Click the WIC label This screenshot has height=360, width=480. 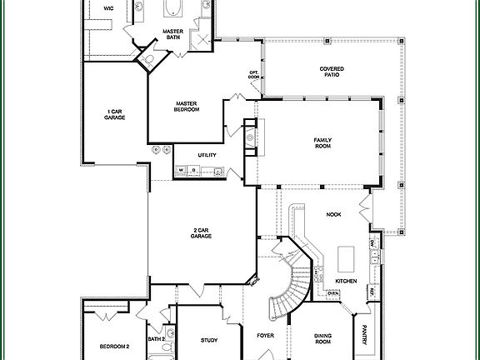click(x=108, y=7)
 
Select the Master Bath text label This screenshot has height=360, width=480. click(x=172, y=34)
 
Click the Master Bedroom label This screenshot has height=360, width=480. click(x=187, y=106)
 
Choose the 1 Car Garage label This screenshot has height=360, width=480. click(x=116, y=115)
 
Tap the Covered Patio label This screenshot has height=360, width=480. click(x=332, y=72)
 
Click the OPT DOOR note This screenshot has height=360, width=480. click(x=253, y=75)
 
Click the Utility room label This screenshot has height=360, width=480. click(x=207, y=155)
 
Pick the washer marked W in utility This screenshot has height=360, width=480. click(x=180, y=172)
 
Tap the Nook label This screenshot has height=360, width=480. click(x=333, y=214)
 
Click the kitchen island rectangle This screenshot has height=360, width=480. click(x=345, y=254)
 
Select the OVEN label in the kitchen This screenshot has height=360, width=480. click(x=332, y=293)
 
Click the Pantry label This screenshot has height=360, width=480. click(x=364, y=338)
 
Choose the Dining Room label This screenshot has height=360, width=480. click(x=322, y=338)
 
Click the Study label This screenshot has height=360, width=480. click(x=209, y=340)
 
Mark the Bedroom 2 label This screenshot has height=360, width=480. click(x=115, y=345)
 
